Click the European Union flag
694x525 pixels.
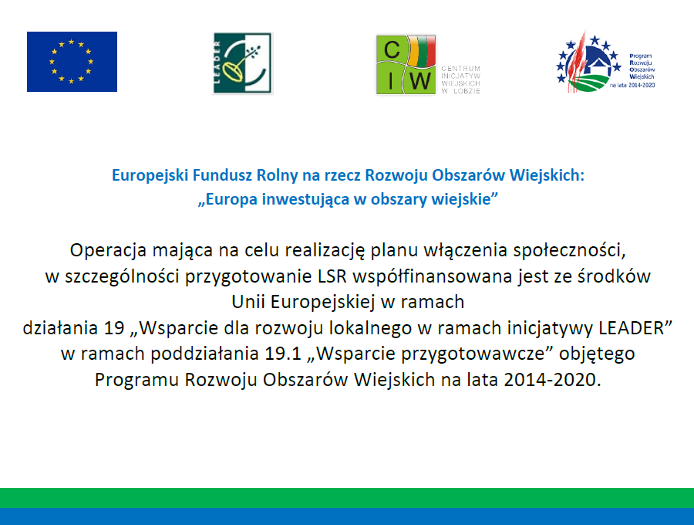(72, 62)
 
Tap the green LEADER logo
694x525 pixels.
(243, 63)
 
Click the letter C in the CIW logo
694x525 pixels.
(392, 49)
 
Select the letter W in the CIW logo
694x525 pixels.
(419, 82)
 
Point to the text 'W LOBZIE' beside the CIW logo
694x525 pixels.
(461, 91)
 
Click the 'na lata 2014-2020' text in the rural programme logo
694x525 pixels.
(632, 85)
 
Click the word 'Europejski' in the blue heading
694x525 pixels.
(150, 175)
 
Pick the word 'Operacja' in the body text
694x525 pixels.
(109, 251)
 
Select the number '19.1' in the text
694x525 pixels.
(283, 354)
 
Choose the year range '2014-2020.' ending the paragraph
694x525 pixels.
(552, 380)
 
